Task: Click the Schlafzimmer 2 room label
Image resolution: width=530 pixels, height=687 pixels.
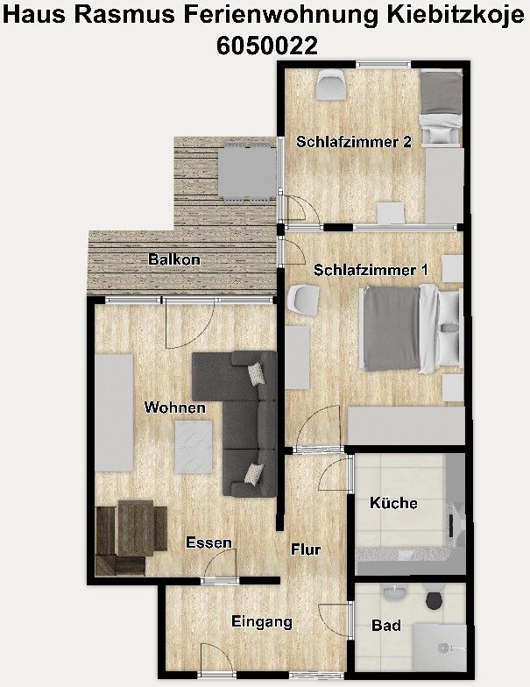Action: (353, 142)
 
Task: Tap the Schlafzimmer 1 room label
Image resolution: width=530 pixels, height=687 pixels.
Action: (371, 271)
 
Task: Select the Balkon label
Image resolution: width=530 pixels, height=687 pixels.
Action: (174, 259)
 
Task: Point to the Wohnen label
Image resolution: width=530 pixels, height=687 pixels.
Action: (175, 407)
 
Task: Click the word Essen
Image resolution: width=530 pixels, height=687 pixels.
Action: (208, 543)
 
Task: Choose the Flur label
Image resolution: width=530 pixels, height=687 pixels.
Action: (306, 549)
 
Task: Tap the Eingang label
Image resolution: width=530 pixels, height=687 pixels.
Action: (261, 622)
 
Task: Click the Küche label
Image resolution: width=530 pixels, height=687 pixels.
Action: (393, 503)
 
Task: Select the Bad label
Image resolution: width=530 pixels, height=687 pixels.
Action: (386, 626)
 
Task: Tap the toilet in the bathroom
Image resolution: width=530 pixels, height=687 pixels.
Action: (433, 601)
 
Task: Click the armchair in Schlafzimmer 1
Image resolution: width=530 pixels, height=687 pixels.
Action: (301, 298)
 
